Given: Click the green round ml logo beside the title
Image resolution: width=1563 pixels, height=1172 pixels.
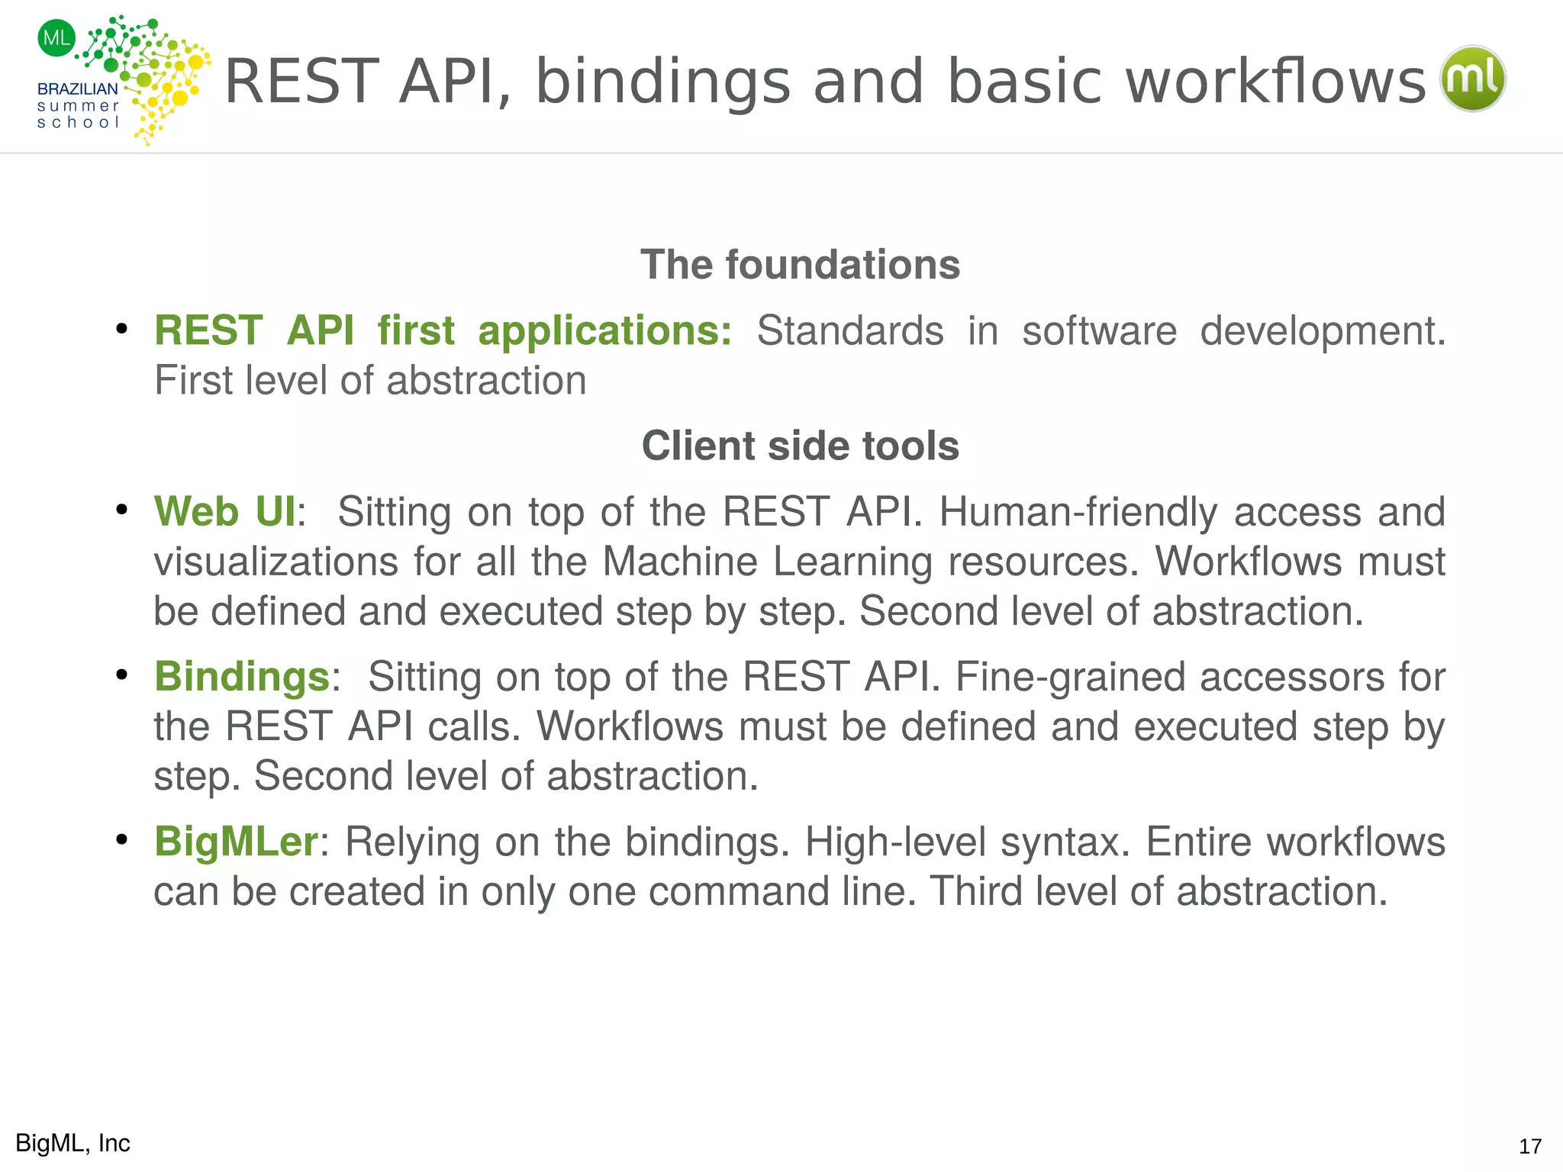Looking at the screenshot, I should (1472, 79).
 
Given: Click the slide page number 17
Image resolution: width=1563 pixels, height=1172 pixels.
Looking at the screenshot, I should (1529, 1146).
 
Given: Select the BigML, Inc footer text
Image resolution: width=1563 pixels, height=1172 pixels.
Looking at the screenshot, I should (73, 1143).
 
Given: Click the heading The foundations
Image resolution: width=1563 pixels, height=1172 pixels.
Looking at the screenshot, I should (800, 265).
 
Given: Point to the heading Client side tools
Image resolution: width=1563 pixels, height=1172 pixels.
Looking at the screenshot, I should (800, 446).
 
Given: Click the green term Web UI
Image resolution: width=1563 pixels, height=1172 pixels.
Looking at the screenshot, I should (225, 511).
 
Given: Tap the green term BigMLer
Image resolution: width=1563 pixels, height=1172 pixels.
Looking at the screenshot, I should (236, 842).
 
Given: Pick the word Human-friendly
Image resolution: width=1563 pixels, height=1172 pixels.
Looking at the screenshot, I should (1078, 512).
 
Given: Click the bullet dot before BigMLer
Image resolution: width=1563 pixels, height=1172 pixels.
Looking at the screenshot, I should (121, 840).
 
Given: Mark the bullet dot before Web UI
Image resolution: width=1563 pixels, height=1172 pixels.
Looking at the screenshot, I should (121, 510).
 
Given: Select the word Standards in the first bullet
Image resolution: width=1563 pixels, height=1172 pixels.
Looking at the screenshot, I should (850, 331).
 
